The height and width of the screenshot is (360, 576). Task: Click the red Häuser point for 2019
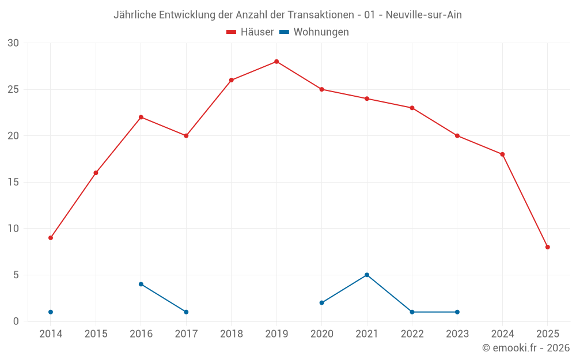coord(276,62)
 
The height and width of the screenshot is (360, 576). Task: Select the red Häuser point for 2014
coord(51,238)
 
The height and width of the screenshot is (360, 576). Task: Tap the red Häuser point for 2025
coord(548,247)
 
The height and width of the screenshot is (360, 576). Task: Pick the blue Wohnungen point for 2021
coord(367,275)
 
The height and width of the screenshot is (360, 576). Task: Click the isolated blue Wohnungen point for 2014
coord(51,312)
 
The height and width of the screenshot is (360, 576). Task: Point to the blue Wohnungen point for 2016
coord(141,284)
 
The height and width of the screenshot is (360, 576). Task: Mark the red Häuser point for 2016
coord(141,118)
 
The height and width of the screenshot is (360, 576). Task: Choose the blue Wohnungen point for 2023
coord(457,312)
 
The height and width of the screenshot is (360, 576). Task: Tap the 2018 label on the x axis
coord(232,334)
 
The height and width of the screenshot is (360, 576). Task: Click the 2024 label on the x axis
coord(502,334)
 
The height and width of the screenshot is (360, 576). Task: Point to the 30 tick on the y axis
coord(13,43)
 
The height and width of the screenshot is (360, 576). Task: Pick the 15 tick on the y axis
coord(13,183)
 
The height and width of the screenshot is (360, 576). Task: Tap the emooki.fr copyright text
coord(526,348)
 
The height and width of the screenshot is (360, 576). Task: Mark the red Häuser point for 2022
coord(412,108)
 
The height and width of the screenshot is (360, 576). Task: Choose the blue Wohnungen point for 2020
coord(322,303)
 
